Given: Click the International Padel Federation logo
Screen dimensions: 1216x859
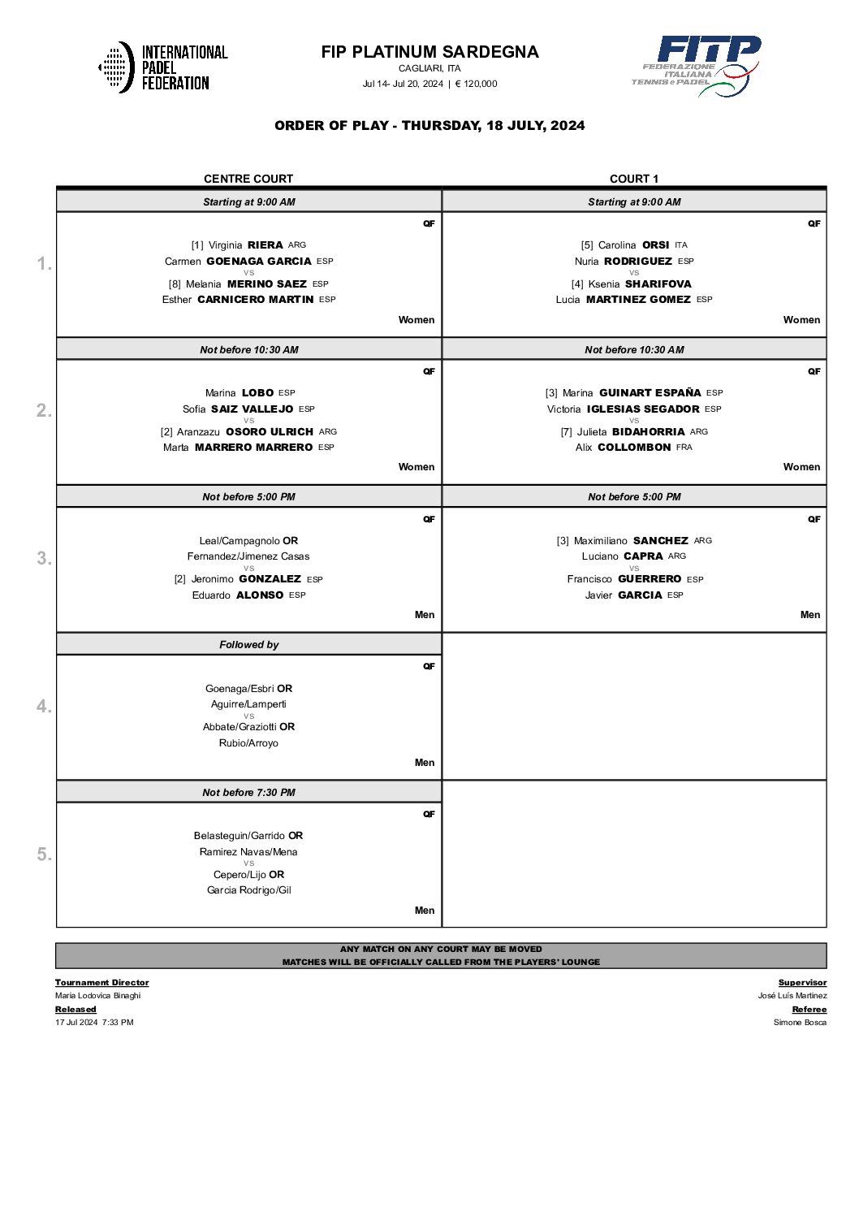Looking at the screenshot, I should (x=163, y=67).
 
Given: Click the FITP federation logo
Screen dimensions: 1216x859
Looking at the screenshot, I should (x=697, y=66).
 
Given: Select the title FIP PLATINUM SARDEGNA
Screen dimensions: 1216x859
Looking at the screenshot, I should (x=429, y=52).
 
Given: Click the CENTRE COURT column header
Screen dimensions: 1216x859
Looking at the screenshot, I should (x=248, y=179).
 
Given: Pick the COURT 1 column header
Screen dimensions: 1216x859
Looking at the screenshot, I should (x=634, y=179).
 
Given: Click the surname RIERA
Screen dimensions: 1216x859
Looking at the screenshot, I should (x=265, y=245).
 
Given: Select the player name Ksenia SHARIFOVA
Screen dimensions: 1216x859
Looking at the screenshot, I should (x=640, y=284).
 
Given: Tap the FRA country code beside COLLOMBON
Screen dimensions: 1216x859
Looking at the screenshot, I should (x=684, y=448).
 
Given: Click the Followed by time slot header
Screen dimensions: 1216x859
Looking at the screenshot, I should (x=248, y=645).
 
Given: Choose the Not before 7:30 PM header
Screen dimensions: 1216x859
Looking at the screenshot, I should (x=248, y=793).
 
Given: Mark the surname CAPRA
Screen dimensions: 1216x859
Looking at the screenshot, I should (x=644, y=556).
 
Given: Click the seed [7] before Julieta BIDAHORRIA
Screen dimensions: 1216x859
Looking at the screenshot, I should (x=566, y=432).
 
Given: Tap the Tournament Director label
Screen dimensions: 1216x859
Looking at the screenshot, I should (x=102, y=983).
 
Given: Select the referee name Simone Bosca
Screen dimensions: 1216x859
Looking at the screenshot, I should (x=800, y=1023).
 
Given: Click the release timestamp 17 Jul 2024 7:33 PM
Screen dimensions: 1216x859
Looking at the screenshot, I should (x=94, y=1023).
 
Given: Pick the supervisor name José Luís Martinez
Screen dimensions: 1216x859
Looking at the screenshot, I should (x=792, y=996).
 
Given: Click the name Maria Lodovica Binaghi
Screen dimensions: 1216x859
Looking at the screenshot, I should (x=98, y=996).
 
